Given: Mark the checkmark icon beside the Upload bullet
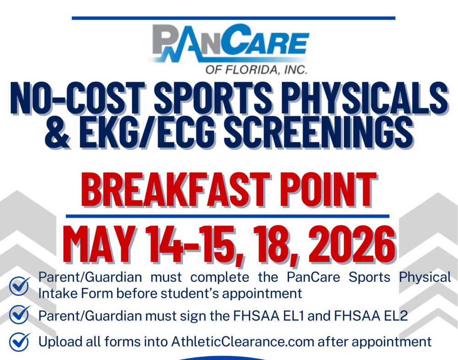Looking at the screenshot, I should point(20,342).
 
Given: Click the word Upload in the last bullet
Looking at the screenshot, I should point(58,342).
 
